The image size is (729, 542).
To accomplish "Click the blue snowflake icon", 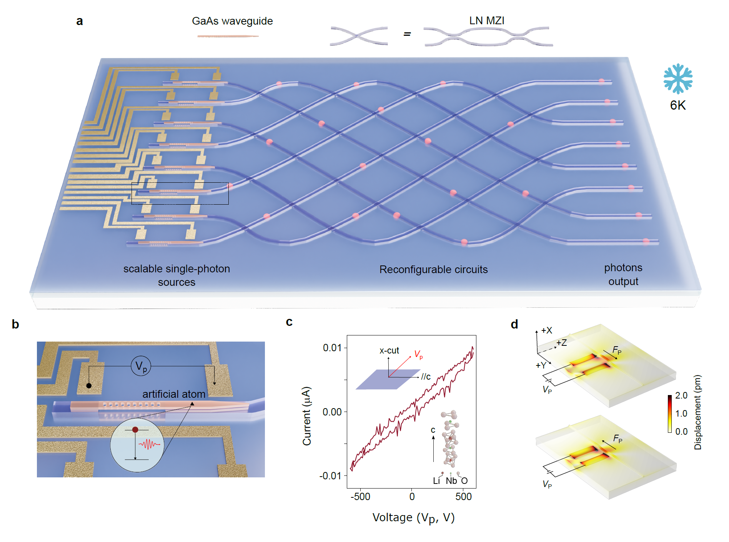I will click(678, 78).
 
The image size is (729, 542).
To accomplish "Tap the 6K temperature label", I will click(677, 105).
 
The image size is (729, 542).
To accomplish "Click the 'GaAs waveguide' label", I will click(232, 21).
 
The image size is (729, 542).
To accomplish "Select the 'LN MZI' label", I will click(486, 21).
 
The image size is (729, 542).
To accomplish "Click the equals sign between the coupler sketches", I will click(407, 35).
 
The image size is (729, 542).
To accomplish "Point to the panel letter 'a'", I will click(80, 21).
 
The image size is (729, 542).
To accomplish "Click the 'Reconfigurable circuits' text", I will click(433, 270).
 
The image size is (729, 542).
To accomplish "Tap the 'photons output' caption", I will click(623, 275).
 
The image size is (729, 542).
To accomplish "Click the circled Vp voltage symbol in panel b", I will click(141, 366).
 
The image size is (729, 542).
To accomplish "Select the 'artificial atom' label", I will click(174, 394).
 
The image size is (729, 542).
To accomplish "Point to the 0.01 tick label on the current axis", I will click(332, 348).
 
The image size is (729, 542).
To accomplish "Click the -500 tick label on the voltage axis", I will click(360, 497).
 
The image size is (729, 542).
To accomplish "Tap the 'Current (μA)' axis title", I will click(307, 416).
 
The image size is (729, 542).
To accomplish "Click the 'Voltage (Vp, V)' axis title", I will click(413, 518).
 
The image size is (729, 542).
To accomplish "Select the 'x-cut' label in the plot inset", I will click(389, 351).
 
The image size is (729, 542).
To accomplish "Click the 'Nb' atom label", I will click(451, 481).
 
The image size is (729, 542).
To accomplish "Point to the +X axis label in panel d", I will click(546, 330).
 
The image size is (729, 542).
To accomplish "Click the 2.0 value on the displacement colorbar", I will click(681, 395).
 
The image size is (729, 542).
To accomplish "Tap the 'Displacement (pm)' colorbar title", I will click(698, 412).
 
